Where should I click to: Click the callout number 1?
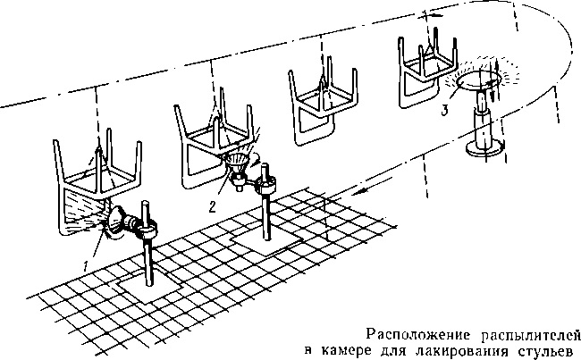coord(87,265)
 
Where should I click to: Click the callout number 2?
coord(212,207)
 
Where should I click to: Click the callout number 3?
coord(445,111)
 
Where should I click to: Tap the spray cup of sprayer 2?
coord(237,163)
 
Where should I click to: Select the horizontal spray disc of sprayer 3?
coord(478,80)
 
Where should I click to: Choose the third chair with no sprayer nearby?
coord(323,105)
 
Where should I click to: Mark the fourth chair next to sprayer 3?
coord(428,71)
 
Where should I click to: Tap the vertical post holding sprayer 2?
coord(265,202)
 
